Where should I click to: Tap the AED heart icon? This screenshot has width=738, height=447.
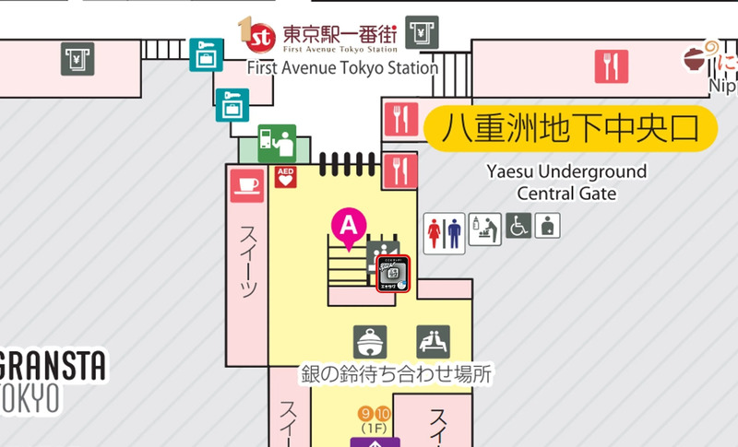pyautogui.click(x=285, y=177)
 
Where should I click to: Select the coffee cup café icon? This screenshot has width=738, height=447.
pyautogui.click(x=246, y=182)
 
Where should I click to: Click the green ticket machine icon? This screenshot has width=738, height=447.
pyautogui.click(x=277, y=143)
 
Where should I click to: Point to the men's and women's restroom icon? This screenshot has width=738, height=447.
pyautogui.click(x=444, y=231)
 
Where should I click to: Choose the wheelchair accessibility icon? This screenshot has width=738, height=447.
pyautogui.click(x=518, y=226)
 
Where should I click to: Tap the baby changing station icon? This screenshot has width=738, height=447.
pyautogui.click(x=484, y=227)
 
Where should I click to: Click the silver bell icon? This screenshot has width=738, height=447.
pyautogui.click(x=370, y=342)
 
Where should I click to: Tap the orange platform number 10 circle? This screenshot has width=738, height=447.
pyautogui.click(x=384, y=413)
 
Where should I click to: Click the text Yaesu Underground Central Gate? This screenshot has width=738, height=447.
pyautogui.click(x=566, y=182)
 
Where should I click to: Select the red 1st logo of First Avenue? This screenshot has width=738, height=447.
pyautogui.click(x=258, y=35)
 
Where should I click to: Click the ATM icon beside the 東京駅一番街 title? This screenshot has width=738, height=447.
pyautogui.click(x=421, y=32)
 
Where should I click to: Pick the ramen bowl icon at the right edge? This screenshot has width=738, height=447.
pyautogui.click(x=697, y=61)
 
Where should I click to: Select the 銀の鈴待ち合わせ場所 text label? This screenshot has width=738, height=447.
pyautogui.click(x=396, y=375)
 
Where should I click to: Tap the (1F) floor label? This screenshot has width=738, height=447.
pyautogui.click(x=374, y=429)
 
